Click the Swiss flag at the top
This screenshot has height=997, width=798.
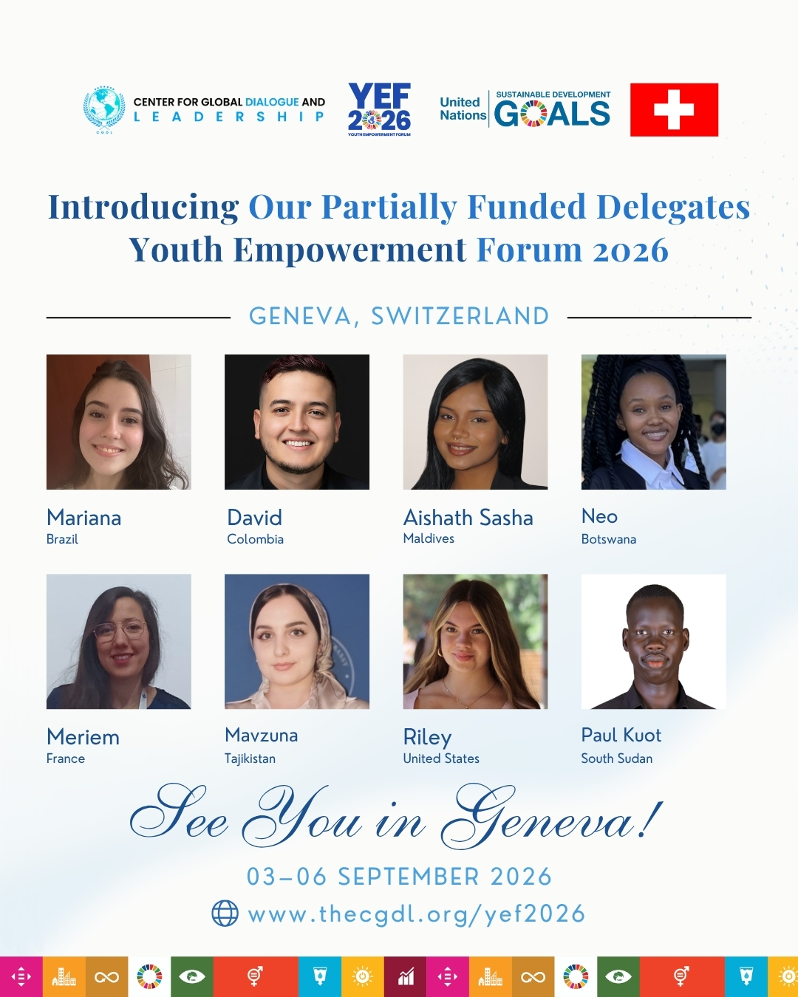[674, 110]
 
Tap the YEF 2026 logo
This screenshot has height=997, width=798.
[379, 110]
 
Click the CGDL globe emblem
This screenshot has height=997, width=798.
[104, 110]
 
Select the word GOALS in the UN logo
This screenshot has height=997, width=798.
[552, 114]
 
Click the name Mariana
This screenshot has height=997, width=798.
[84, 518]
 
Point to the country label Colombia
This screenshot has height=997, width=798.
[255, 539]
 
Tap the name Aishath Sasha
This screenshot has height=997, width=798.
[468, 518]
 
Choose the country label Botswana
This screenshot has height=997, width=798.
[609, 539]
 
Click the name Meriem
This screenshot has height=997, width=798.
[83, 737]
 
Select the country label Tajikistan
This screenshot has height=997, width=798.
[250, 759]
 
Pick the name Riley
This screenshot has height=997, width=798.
[428, 738]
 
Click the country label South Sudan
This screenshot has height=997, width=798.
[617, 758]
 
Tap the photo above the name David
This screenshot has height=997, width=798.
[297, 422]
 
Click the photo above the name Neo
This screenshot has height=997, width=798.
[654, 422]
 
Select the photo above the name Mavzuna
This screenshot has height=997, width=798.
[297, 642]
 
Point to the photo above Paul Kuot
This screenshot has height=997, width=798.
[654, 642]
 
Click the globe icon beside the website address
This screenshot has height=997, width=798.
[225, 913]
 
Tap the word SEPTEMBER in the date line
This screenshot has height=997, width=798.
[409, 877]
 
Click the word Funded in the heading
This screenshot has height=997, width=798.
[527, 207]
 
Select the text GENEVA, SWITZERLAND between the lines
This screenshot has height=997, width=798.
[399, 317]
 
